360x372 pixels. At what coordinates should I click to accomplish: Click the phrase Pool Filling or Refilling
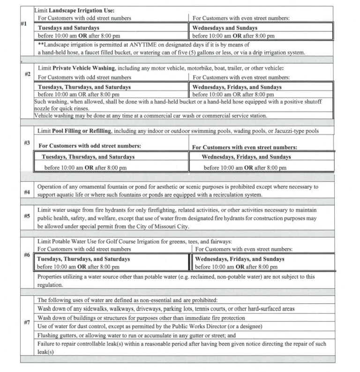click(84, 131)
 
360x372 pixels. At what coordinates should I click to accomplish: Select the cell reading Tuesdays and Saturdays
click(67, 28)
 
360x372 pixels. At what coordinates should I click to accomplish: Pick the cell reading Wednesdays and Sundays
click(225, 28)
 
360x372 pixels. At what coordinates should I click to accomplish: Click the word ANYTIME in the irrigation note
click(137, 44)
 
